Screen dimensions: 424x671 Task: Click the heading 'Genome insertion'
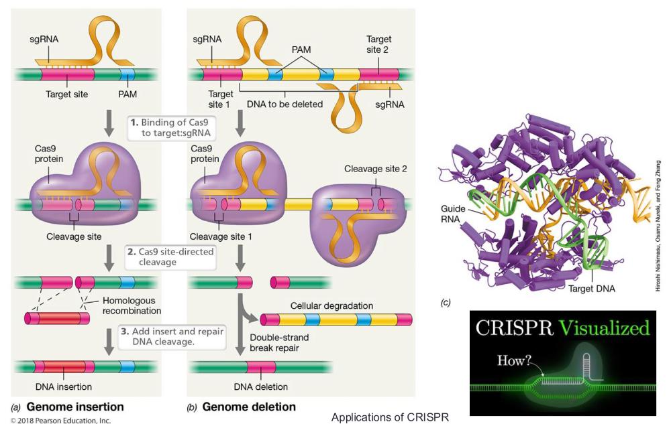(74, 407)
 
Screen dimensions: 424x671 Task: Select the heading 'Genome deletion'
(248, 407)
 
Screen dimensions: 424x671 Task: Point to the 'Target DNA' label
(590, 289)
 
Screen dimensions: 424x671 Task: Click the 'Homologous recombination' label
(132, 305)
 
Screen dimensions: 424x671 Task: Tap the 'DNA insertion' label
(65, 386)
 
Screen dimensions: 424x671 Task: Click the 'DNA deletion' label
(261, 386)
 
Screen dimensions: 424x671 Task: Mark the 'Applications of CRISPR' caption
(389, 417)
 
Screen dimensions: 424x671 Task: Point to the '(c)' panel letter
(446, 303)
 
